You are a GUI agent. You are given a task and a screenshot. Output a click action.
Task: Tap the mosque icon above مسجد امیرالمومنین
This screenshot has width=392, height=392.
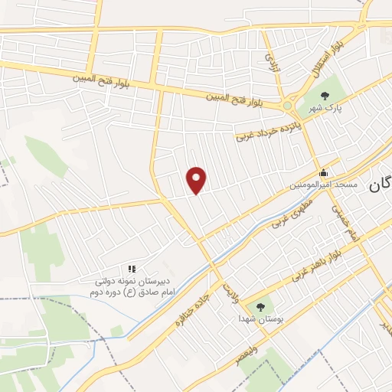pyautogui.click(x=323, y=172)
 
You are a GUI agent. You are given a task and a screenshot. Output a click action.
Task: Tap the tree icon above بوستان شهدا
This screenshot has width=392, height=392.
pyautogui.click(x=260, y=305)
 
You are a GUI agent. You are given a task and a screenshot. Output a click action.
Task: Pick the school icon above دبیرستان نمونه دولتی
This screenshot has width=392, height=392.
pyautogui.click(x=132, y=269)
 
